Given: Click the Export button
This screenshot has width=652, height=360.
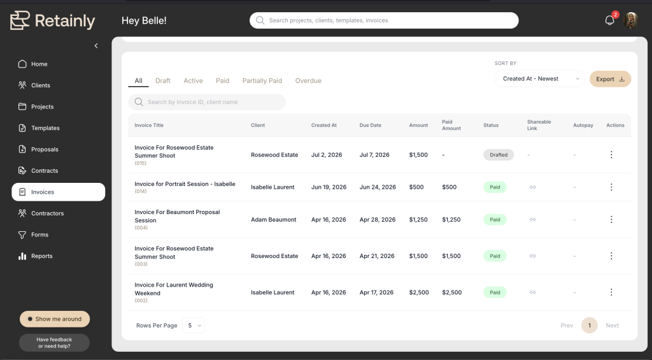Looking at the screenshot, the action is point(610,79).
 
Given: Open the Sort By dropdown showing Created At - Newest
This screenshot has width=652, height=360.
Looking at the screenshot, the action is point(539,78).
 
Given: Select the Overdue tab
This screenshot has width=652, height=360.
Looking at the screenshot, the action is point(308,81).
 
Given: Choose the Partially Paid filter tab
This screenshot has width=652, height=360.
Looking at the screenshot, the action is point(262,81).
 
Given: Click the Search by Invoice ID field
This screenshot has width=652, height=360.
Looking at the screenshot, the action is point(207,102).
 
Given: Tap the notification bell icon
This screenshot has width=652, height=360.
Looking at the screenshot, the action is point(609,20).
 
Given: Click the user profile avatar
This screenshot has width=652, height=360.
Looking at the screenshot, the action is point(631,20).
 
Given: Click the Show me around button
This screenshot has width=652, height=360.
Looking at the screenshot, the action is point(55,319).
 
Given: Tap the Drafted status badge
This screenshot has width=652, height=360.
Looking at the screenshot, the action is point(499,155).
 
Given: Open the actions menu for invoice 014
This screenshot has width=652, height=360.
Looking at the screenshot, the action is point(611,187).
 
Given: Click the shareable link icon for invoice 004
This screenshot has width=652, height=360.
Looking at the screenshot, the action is point(532,219).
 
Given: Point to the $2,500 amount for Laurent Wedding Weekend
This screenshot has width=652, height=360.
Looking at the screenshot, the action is point(419,292).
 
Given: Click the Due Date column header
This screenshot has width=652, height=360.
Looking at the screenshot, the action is point(370,126).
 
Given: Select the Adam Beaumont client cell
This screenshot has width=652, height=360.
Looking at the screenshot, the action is point(274,220).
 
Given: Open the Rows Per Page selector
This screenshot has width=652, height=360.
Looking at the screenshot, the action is point(194,326).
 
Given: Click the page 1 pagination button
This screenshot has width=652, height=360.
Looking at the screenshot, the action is point(589,326).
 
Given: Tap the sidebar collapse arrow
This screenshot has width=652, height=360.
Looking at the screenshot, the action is point(96,46).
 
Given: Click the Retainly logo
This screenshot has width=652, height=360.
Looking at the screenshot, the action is point(53,20).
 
